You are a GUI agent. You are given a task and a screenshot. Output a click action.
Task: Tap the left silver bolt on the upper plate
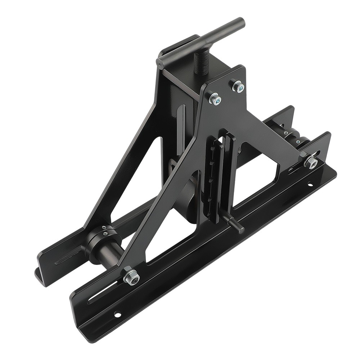(x=215, y=99)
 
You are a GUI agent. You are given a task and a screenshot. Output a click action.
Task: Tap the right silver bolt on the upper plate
(x=238, y=86)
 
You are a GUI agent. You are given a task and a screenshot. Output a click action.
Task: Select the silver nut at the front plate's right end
(x=310, y=162)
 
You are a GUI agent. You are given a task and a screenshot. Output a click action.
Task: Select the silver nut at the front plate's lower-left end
(x=131, y=276)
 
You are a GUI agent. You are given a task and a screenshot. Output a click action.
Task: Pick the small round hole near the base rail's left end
(x=117, y=314)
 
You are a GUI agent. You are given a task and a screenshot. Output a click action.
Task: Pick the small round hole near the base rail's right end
(x=309, y=186)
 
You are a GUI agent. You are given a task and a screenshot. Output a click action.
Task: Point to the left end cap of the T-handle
(x=160, y=64)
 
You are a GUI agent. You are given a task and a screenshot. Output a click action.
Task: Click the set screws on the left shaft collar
(x=104, y=229)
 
